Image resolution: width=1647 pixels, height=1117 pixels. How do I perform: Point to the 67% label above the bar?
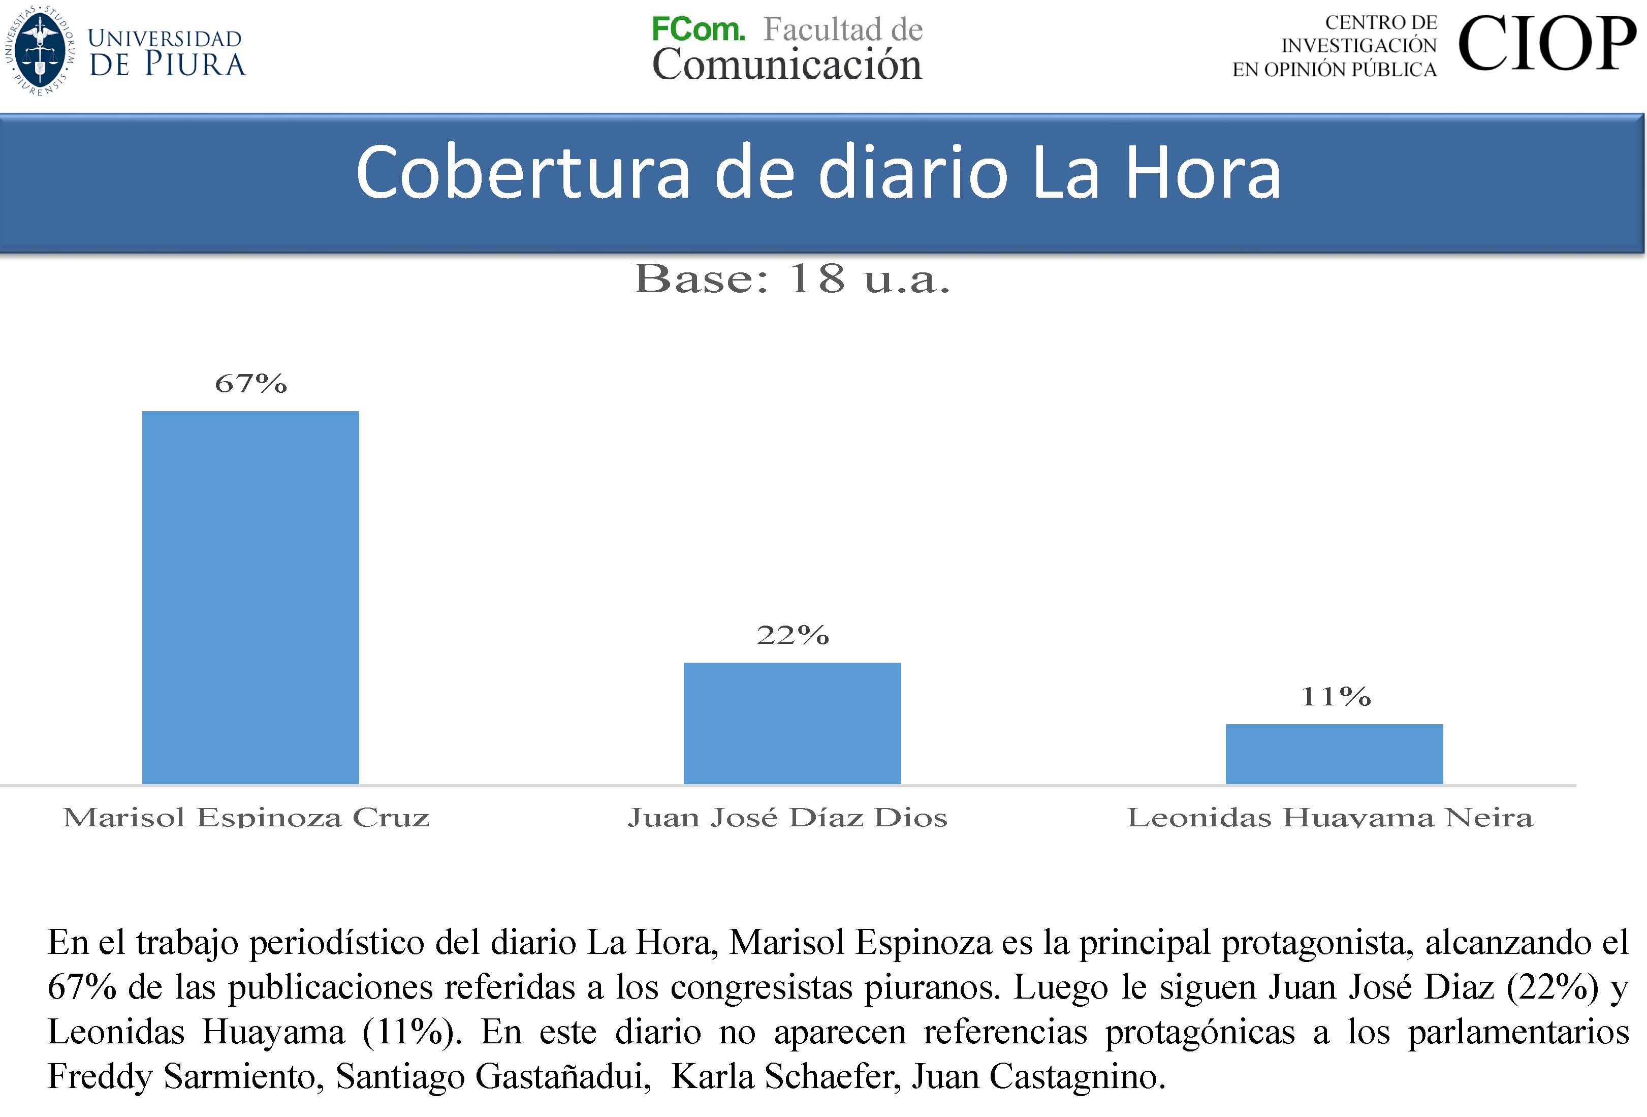[x=251, y=384]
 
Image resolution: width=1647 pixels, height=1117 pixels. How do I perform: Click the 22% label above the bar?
[x=793, y=635]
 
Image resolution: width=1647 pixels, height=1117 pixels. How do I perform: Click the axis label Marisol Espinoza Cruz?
[x=246, y=817]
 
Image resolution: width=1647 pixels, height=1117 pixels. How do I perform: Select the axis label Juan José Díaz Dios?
[x=787, y=817]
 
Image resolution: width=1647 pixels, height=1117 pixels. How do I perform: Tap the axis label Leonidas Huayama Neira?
[x=1329, y=817]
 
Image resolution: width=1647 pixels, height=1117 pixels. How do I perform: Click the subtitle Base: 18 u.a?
[x=791, y=278]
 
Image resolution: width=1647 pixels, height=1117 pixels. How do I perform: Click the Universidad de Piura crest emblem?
[x=41, y=50]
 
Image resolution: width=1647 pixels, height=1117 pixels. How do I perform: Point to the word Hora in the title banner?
[x=1202, y=173]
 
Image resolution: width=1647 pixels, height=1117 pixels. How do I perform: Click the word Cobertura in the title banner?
[x=522, y=173]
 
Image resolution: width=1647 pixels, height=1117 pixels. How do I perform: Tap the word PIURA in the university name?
[x=195, y=64]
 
